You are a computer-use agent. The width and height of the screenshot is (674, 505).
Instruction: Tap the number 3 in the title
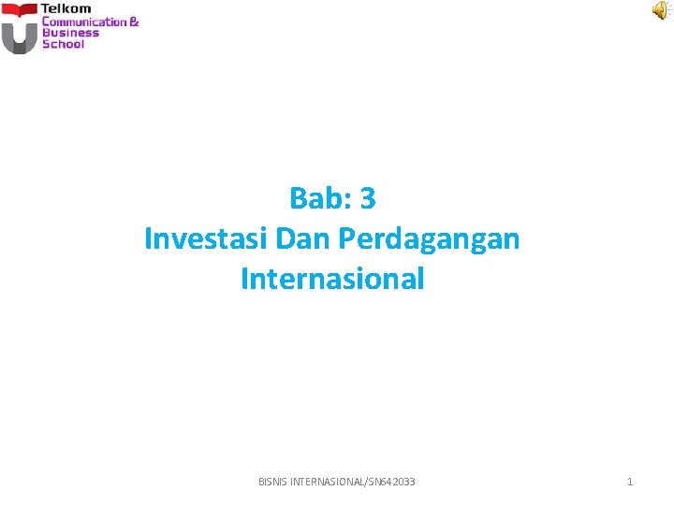click(x=367, y=198)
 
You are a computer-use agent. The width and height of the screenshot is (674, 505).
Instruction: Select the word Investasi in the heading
click(x=207, y=238)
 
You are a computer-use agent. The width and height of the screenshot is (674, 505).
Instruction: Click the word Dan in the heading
click(x=304, y=238)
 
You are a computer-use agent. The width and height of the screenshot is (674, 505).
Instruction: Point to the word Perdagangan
click(x=429, y=239)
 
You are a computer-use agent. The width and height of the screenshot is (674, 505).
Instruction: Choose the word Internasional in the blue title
click(x=332, y=279)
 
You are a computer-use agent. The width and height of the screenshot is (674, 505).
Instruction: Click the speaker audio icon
click(x=661, y=10)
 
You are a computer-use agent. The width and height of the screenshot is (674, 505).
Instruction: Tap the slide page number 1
click(x=630, y=482)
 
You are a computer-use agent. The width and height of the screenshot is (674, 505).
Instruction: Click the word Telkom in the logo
click(x=66, y=8)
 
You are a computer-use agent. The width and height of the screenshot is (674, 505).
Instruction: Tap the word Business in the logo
click(x=69, y=33)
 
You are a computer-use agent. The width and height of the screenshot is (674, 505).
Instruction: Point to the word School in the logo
click(x=63, y=44)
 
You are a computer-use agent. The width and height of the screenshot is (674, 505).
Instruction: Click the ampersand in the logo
click(x=134, y=22)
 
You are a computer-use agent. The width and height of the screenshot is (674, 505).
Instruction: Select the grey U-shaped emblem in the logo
click(x=19, y=37)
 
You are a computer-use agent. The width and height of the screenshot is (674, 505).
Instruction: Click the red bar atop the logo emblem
click(x=19, y=10)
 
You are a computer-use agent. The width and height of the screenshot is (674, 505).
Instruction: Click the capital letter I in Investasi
click(x=148, y=238)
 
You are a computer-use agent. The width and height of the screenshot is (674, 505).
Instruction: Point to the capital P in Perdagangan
click(x=346, y=238)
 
